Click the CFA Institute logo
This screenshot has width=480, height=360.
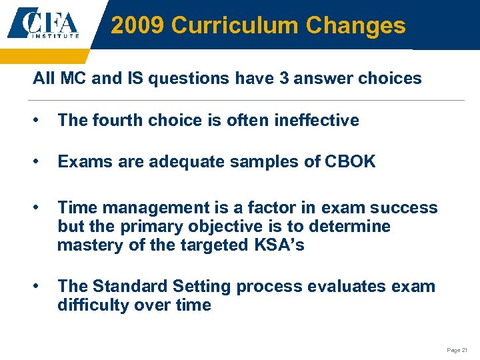[x=45, y=24]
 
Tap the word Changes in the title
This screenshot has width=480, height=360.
[x=355, y=25]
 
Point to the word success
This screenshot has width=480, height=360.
[x=408, y=207]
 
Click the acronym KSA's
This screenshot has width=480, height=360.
[x=279, y=245]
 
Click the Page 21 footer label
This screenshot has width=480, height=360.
[x=457, y=350]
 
